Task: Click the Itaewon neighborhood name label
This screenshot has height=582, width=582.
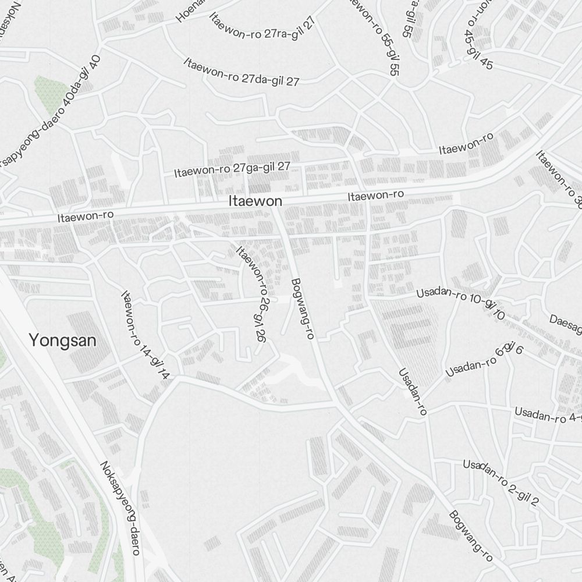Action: point(255,201)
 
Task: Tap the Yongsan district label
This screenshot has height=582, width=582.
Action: point(62,340)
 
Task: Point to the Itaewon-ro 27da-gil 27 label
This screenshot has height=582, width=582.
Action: point(242,72)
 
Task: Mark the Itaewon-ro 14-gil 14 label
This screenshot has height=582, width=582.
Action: point(144,336)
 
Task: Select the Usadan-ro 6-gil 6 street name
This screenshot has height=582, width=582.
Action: point(484,361)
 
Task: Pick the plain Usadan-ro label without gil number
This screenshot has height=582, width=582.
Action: point(413,391)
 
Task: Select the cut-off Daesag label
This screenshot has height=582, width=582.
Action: point(566,327)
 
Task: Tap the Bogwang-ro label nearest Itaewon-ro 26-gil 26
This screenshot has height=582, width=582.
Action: point(302,308)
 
